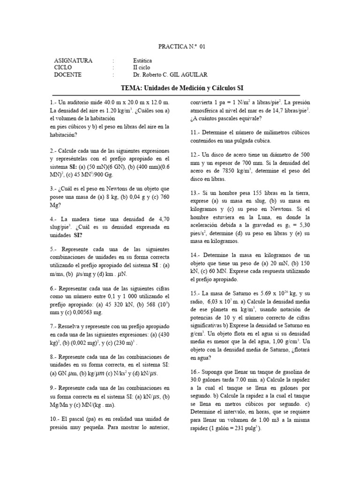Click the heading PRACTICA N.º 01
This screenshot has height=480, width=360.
(181, 46)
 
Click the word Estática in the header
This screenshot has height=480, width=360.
(143, 60)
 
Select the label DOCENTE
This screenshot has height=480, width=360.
(67, 75)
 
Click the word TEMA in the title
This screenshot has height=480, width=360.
(129, 88)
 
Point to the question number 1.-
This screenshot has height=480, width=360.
(52, 102)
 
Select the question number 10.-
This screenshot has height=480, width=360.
(54, 419)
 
